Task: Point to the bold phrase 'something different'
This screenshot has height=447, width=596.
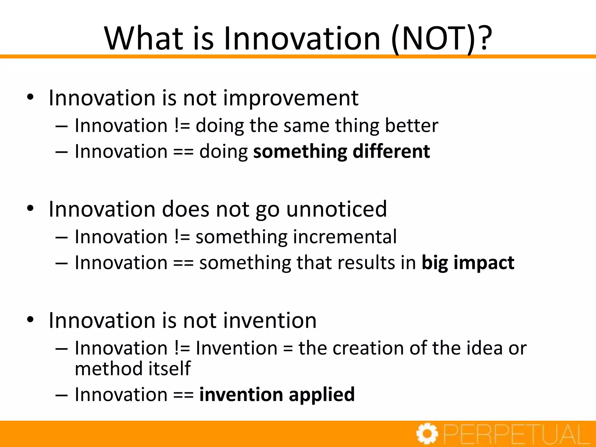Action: (x=341, y=152)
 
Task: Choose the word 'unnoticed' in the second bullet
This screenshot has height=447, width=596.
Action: (x=337, y=209)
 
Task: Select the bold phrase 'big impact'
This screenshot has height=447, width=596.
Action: (x=468, y=263)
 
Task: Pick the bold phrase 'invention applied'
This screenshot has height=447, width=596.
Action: (x=277, y=395)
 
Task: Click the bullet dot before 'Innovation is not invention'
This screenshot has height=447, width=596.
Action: (x=30, y=320)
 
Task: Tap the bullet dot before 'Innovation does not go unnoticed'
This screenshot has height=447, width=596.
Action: (x=30, y=208)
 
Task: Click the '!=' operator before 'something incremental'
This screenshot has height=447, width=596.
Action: (x=182, y=237)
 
